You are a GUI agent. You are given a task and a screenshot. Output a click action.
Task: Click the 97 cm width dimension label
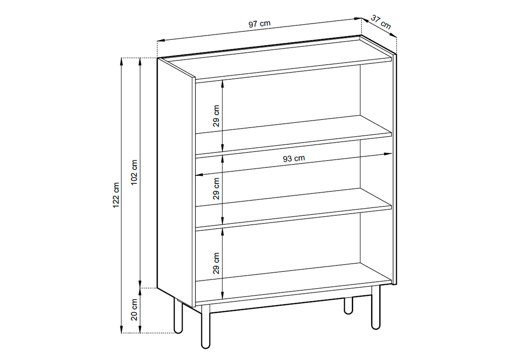pyautogui.click(x=259, y=24)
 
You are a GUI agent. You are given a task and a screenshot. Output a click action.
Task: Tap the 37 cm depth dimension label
pyautogui.click(x=381, y=22)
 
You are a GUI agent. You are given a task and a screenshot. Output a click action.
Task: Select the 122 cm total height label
pyautogui.click(x=116, y=195)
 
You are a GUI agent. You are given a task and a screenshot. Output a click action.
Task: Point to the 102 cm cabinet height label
pyautogui.click(x=134, y=172)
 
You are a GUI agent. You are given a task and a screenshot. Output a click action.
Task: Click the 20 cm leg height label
pyautogui.click(x=134, y=310)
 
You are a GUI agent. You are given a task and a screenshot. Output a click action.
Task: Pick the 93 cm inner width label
pyautogui.click(x=294, y=159)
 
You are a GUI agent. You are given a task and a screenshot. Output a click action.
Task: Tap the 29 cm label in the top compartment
pyautogui.click(x=216, y=116)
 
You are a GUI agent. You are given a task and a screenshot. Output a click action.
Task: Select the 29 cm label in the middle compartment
pyautogui.click(x=216, y=189)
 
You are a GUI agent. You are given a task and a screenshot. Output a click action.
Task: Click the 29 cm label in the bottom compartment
pyautogui.click(x=216, y=263)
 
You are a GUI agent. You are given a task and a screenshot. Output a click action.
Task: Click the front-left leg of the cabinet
pyautogui.click(x=206, y=327)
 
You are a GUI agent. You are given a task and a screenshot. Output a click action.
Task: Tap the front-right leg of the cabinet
pyautogui.click(x=376, y=308)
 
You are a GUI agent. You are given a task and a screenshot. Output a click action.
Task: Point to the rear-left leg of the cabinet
pyautogui.click(x=178, y=316)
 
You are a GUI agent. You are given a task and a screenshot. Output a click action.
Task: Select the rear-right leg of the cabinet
pyautogui.click(x=349, y=306)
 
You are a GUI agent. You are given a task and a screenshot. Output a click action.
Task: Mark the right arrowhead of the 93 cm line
pyautogui.click(x=388, y=154)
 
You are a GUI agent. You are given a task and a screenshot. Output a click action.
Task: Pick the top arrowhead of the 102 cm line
pyautogui.click(x=140, y=61)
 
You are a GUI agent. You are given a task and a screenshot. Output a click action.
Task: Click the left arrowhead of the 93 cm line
pyautogui.click(x=199, y=175)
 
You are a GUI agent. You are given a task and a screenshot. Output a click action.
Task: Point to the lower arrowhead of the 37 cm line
pyautogui.click(x=393, y=35)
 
